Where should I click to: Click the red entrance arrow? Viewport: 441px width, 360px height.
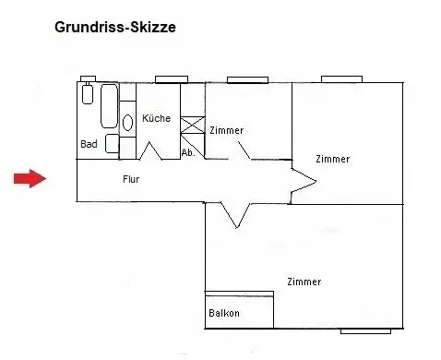(30, 178)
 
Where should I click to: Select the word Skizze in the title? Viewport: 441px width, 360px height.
(153, 27)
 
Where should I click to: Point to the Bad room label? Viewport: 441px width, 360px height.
(89, 144)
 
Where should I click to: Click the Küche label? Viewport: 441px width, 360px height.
(156, 118)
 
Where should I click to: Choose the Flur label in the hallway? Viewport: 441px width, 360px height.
(131, 179)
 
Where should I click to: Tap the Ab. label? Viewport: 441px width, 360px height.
(188, 152)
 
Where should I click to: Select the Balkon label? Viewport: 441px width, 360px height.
(224, 313)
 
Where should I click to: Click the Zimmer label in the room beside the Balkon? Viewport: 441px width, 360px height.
(304, 282)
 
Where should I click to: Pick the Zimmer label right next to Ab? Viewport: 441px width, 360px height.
(227, 130)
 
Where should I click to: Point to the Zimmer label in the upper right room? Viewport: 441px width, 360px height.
(333, 159)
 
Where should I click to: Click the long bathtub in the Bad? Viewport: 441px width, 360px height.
(109, 106)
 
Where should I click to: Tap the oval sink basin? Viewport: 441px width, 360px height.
(127, 123)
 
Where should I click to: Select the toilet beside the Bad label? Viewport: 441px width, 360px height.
(113, 143)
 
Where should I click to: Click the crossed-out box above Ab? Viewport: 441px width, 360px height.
(193, 125)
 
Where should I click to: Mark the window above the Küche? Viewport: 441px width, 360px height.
(172, 79)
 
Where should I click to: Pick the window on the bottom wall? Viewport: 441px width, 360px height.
(365, 331)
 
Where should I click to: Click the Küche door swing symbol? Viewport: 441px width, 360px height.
(150, 150)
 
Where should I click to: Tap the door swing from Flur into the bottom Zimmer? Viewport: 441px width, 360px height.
(236, 215)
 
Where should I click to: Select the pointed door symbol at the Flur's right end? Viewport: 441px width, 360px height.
(304, 182)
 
